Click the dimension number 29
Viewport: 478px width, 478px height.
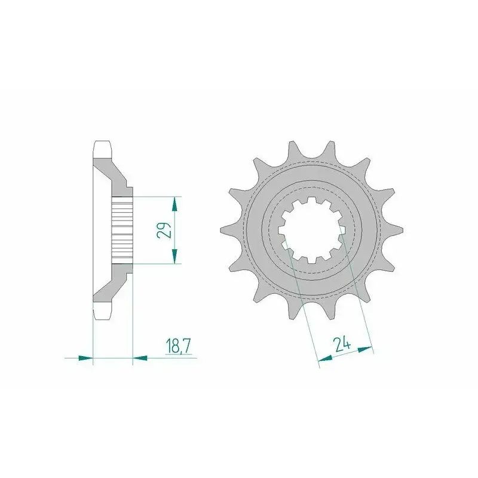(x=164, y=230)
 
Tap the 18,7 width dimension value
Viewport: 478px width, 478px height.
(x=179, y=346)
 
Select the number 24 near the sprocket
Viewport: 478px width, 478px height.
(x=342, y=345)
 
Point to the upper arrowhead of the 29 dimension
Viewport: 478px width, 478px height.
(x=174, y=204)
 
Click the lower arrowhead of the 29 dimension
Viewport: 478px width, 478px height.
(x=174, y=256)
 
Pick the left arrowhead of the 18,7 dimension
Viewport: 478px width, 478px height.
(x=85, y=358)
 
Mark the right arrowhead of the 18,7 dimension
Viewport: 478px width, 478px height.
(x=140, y=358)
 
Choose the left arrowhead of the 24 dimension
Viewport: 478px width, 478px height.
(x=325, y=358)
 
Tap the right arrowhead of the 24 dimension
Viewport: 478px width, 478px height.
(x=365, y=350)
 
